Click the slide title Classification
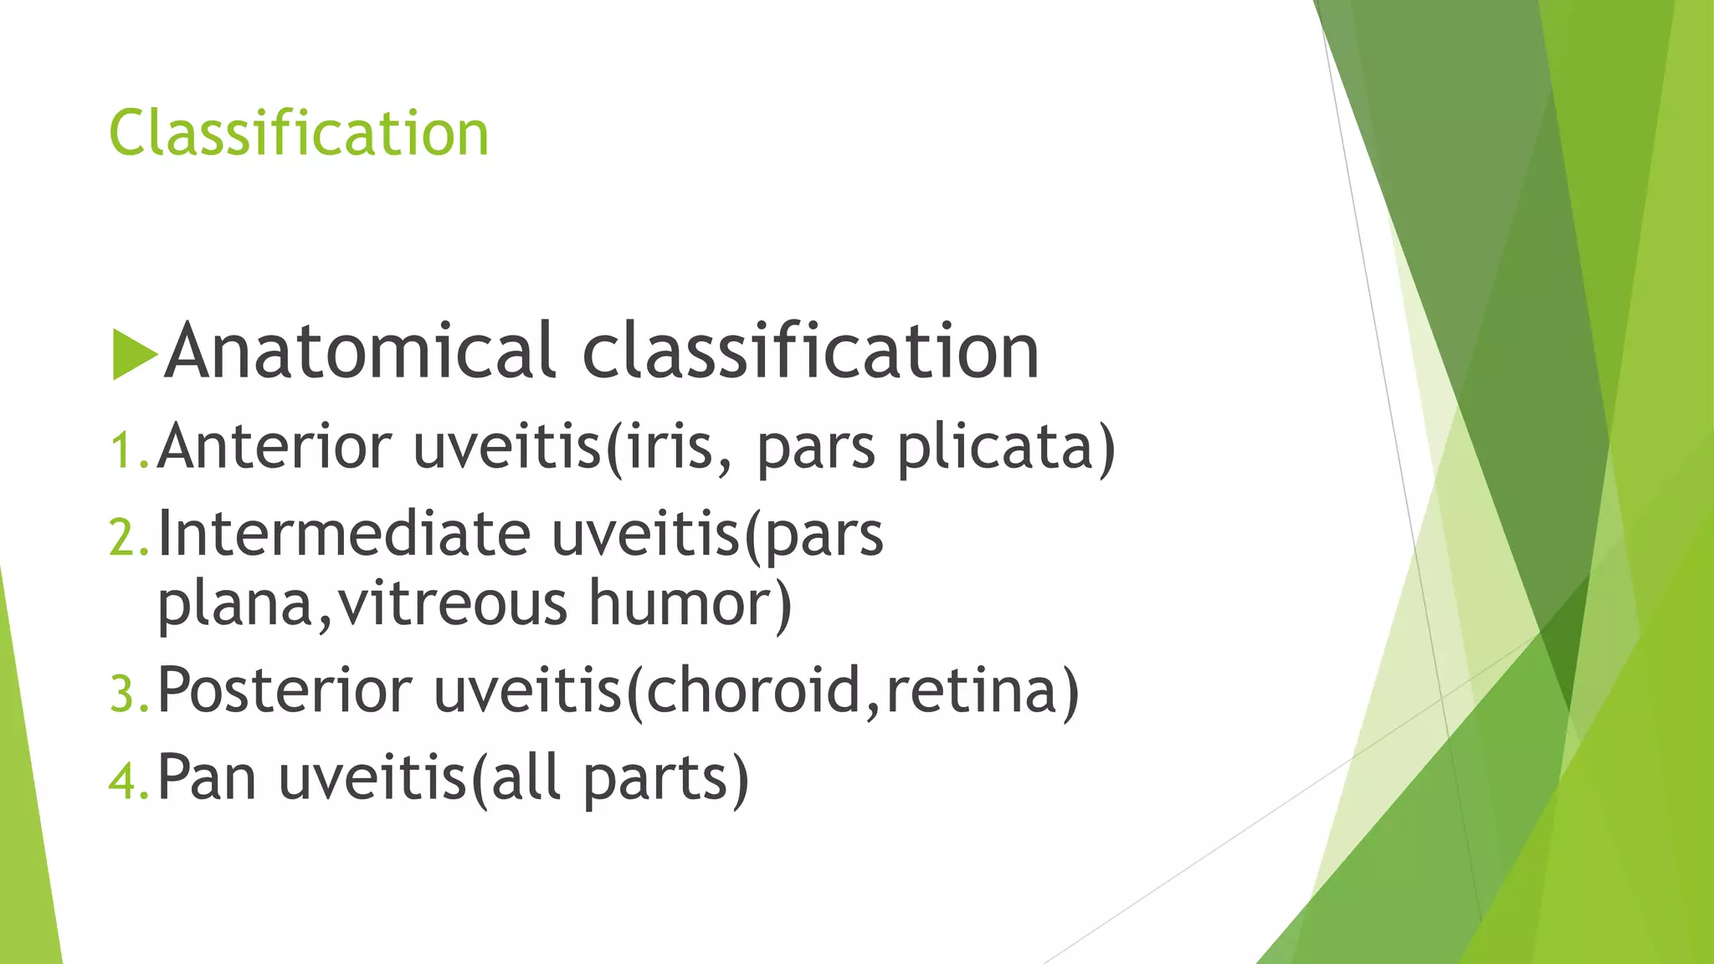point(299,133)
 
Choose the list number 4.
point(128,781)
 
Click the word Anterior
point(275,446)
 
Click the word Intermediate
point(344,533)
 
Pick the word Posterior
point(285,690)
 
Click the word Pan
point(207,777)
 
